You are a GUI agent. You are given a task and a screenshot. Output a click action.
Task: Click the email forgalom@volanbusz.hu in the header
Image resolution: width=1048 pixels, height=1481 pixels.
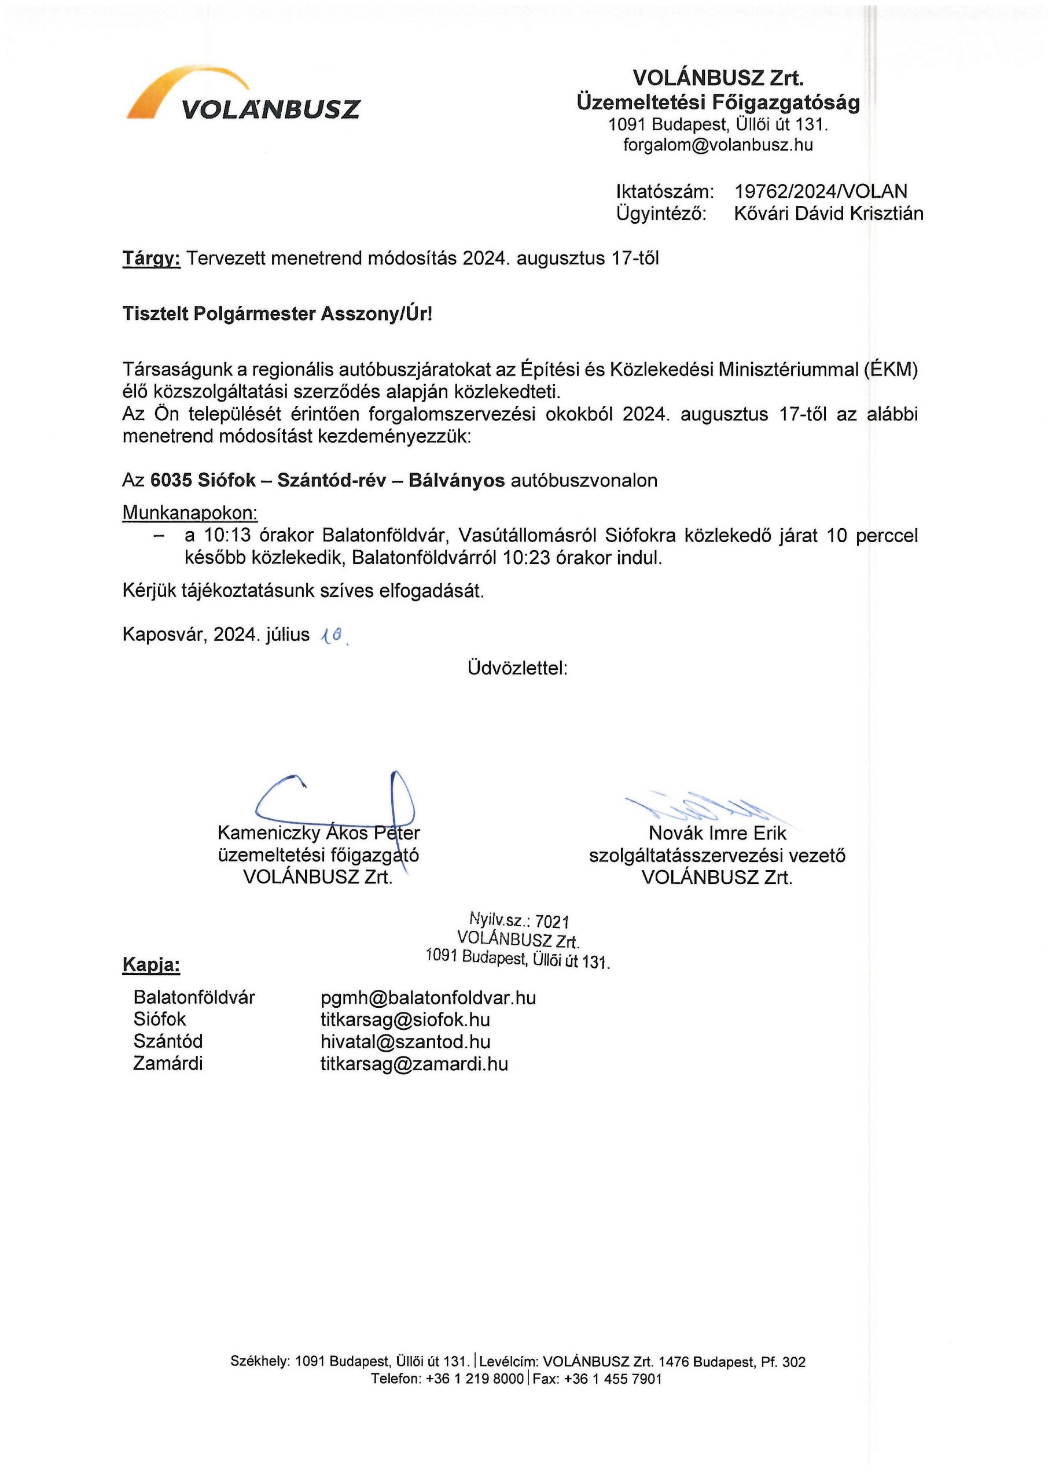click(718, 145)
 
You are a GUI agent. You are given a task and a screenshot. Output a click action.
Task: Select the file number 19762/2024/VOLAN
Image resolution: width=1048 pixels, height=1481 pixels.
click(820, 191)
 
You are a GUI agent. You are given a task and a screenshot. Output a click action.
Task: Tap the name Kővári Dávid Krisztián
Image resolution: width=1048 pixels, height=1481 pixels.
click(828, 213)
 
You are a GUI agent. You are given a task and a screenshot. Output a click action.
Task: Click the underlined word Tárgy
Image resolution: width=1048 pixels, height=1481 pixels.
click(151, 259)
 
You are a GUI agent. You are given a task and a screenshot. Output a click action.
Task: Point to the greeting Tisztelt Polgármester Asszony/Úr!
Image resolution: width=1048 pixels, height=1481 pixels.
click(278, 314)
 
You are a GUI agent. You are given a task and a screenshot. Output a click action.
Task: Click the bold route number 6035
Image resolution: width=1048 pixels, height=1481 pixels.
click(171, 481)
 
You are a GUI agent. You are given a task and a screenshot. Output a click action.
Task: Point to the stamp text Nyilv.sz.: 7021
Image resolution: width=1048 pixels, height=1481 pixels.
click(520, 920)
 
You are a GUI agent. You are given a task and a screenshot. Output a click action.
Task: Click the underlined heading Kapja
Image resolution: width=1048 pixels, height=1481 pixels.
click(151, 965)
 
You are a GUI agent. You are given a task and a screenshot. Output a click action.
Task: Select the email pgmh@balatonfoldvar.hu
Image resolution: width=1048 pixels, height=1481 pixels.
click(428, 998)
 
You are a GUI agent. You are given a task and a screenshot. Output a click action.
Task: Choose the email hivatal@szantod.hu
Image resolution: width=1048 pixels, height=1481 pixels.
click(405, 1042)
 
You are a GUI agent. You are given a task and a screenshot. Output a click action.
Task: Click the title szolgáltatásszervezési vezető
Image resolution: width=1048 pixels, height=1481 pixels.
click(717, 856)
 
